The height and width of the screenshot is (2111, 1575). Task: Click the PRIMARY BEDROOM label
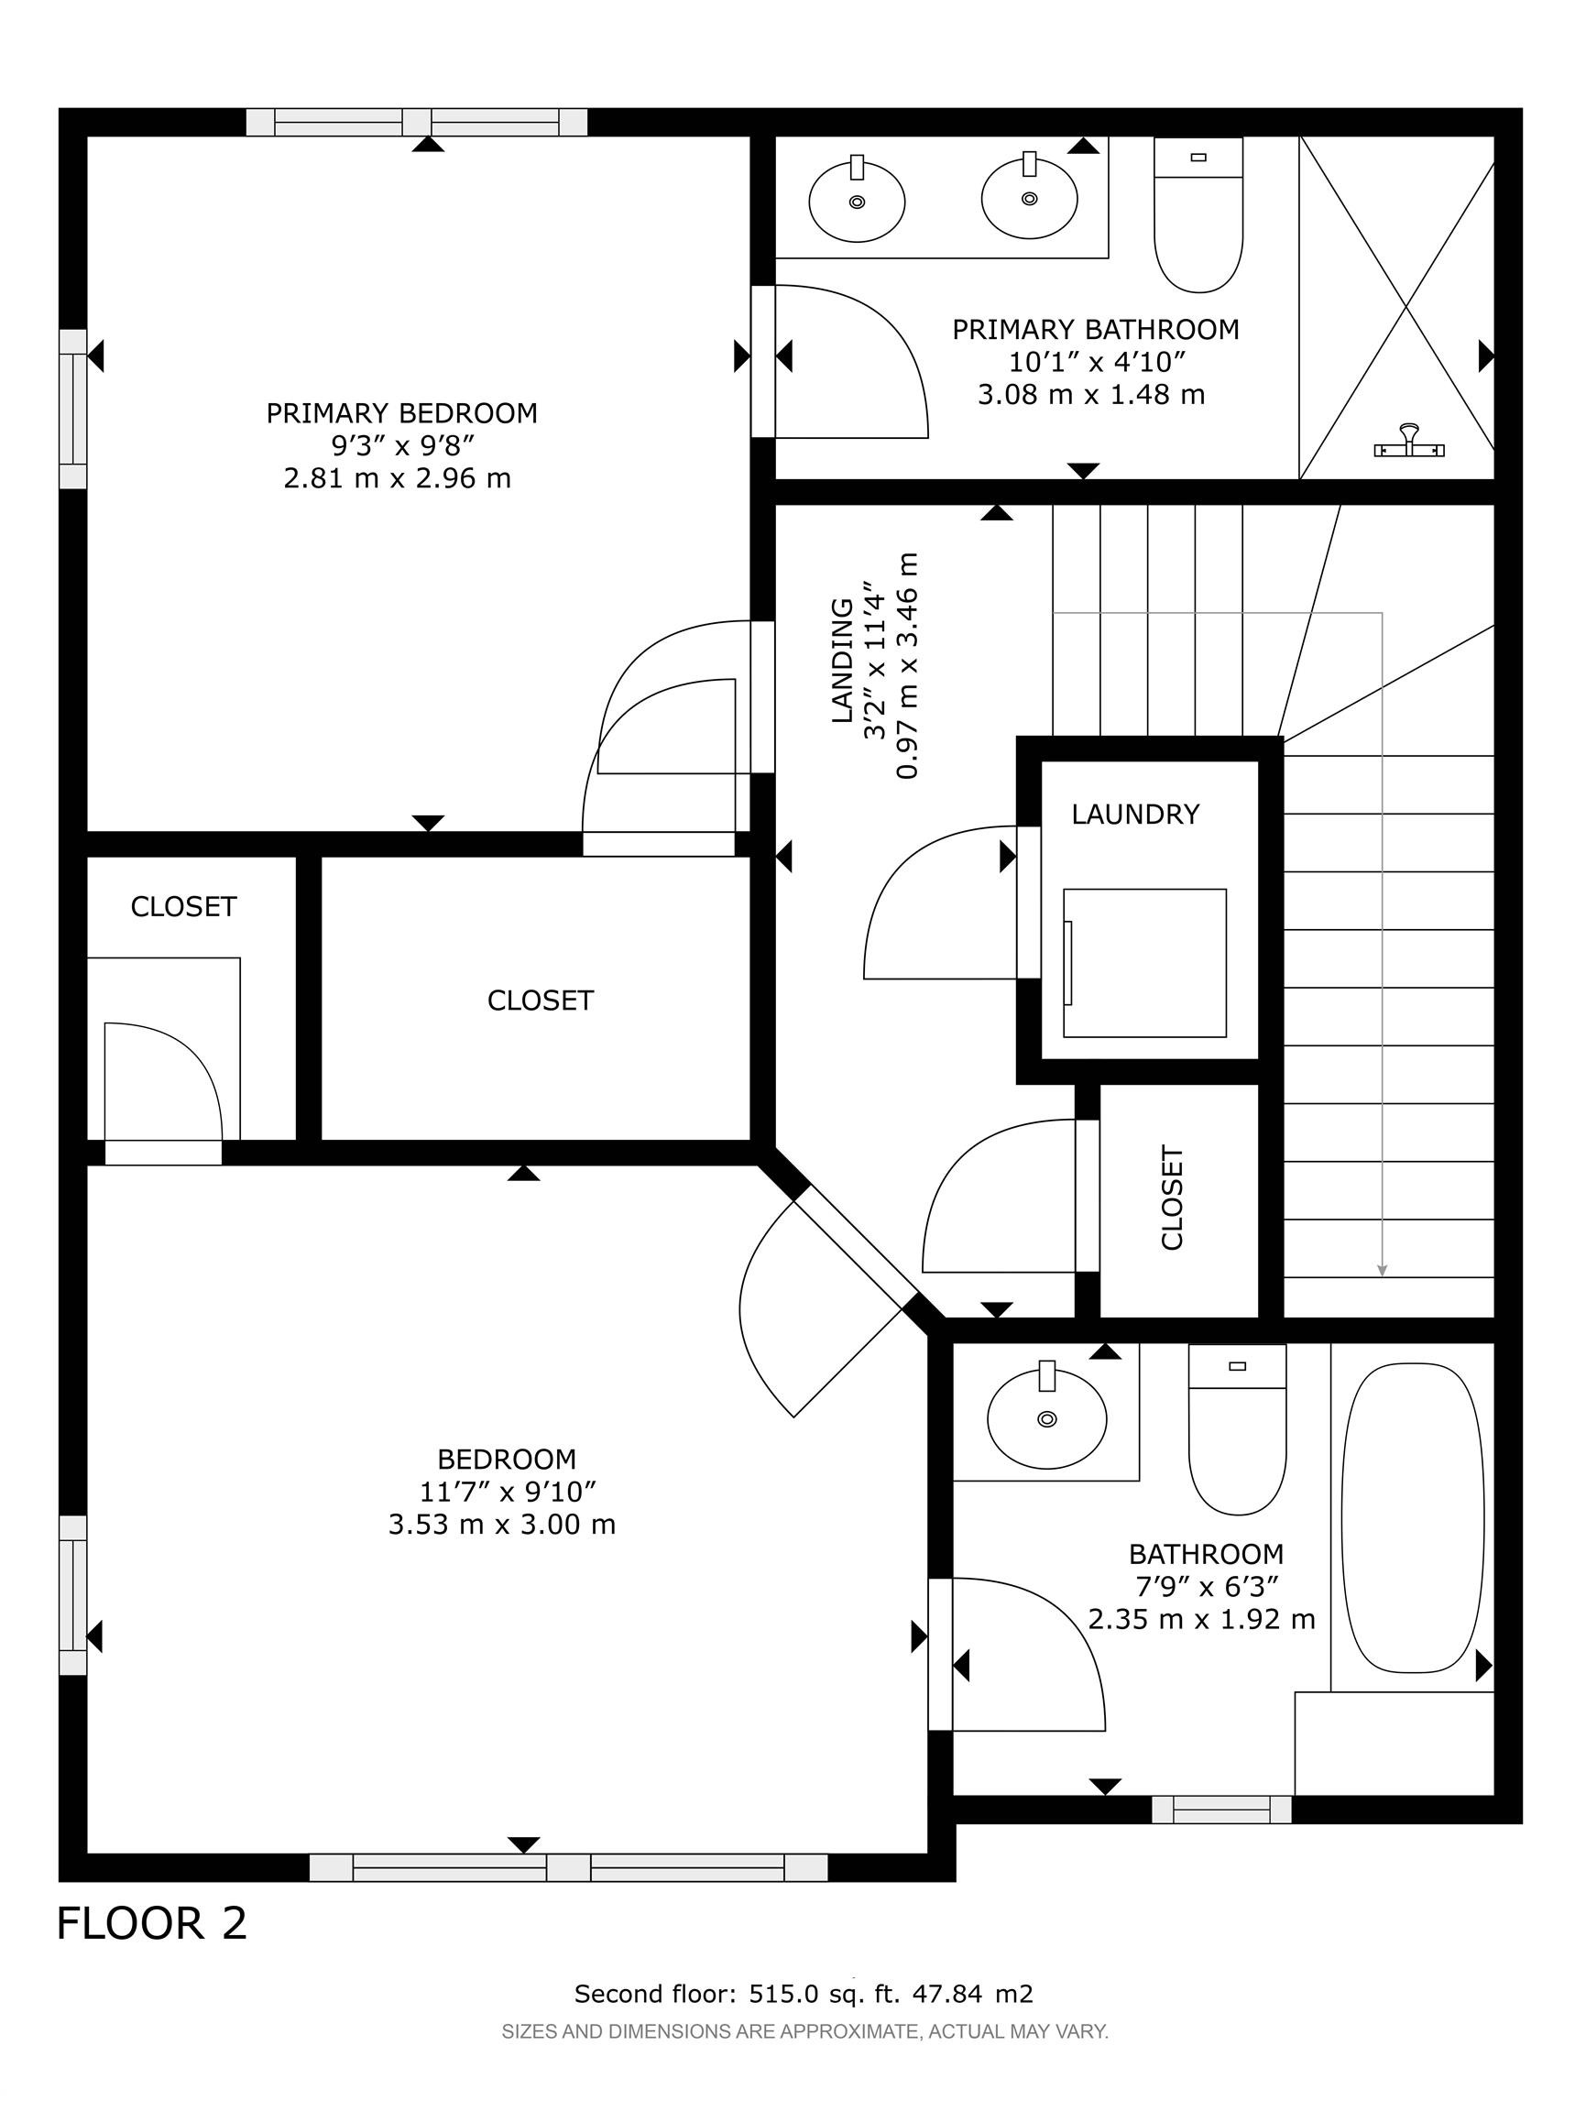pyautogui.click(x=401, y=413)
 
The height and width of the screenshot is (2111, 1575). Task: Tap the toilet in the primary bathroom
pyautogui.click(x=1198, y=214)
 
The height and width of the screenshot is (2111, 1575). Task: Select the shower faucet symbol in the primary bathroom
pyautogui.click(x=1408, y=442)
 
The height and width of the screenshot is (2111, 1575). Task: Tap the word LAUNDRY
pyautogui.click(x=1134, y=815)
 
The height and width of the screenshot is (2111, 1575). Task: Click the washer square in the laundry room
pyautogui.click(x=1144, y=963)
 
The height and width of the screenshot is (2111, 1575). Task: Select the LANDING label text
pyautogui.click(x=842, y=661)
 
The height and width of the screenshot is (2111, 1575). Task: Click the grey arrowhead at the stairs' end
pyautogui.click(x=1383, y=1270)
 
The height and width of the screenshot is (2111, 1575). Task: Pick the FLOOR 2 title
pyautogui.click(x=152, y=1923)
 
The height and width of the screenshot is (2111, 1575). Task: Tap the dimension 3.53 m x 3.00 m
pyautogui.click(x=501, y=1524)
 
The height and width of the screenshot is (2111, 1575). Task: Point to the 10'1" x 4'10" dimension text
pyautogui.click(x=1097, y=362)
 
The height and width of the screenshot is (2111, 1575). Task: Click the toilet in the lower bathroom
pyautogui.click(x=1238, y=1428)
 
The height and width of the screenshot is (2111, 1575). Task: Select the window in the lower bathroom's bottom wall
pyautogui.click(x=1221, y=1809)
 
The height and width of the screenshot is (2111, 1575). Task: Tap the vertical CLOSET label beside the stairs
pyautogui.click(x=1172, y=1198)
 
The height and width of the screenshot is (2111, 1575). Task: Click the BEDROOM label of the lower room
pyautogui.click(x=507, y=1459)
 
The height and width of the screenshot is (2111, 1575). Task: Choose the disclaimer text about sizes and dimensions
pyautogui.click(x=804, y=2032)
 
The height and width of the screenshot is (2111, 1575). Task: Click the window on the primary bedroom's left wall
pyautogui.click(x=73, y=410)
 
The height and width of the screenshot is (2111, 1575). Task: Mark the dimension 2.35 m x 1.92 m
pyautogui.click(x=1201, y=1619)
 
